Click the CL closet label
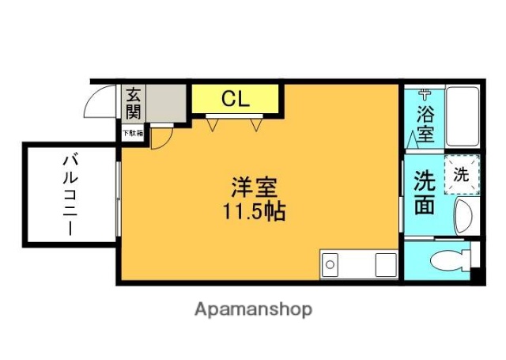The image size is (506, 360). tap(235, 99)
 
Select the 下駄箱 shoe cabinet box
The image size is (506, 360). tap(132, 134)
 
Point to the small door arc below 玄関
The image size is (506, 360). tap(161, 138)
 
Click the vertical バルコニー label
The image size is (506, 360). tap(69, 194)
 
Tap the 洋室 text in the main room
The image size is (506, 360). tap(255, 188)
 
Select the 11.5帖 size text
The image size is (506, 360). tap(255, 212)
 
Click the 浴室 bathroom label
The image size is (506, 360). tap(425, 123)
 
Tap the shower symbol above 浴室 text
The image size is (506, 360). tap(426, 93)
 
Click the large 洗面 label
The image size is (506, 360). tap(425, 192)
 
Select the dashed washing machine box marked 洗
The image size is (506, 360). tap(460, 175)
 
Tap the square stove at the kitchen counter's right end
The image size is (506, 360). tap(386, 263)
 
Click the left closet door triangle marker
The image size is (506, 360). tap(213, 122)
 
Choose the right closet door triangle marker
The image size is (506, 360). tap(255, 122)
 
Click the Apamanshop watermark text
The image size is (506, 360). tap(253, 309)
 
